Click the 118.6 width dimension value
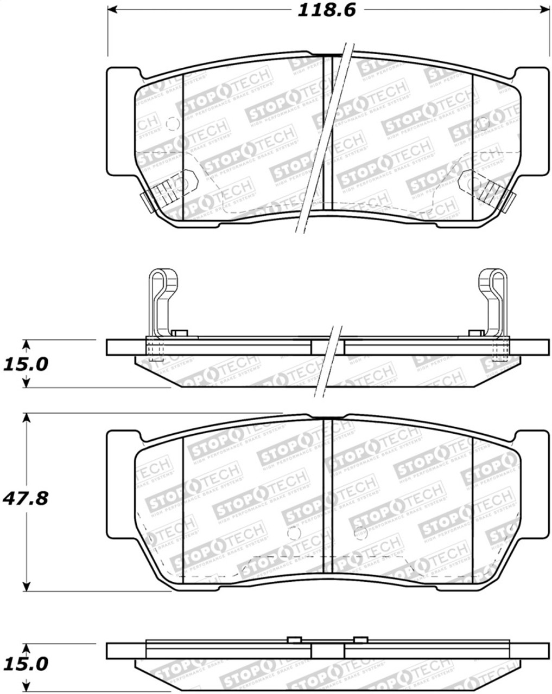tap(326, 10)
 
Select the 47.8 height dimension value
tap(26, 498)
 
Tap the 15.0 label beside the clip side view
tap(26, 364)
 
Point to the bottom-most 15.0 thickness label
tap(26, 664)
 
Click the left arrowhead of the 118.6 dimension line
tap(112, 10)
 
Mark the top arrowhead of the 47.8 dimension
tap(26, 417)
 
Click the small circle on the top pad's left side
tap(173, 124)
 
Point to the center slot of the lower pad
tap(327, 496)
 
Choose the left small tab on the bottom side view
tap(294, 639)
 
